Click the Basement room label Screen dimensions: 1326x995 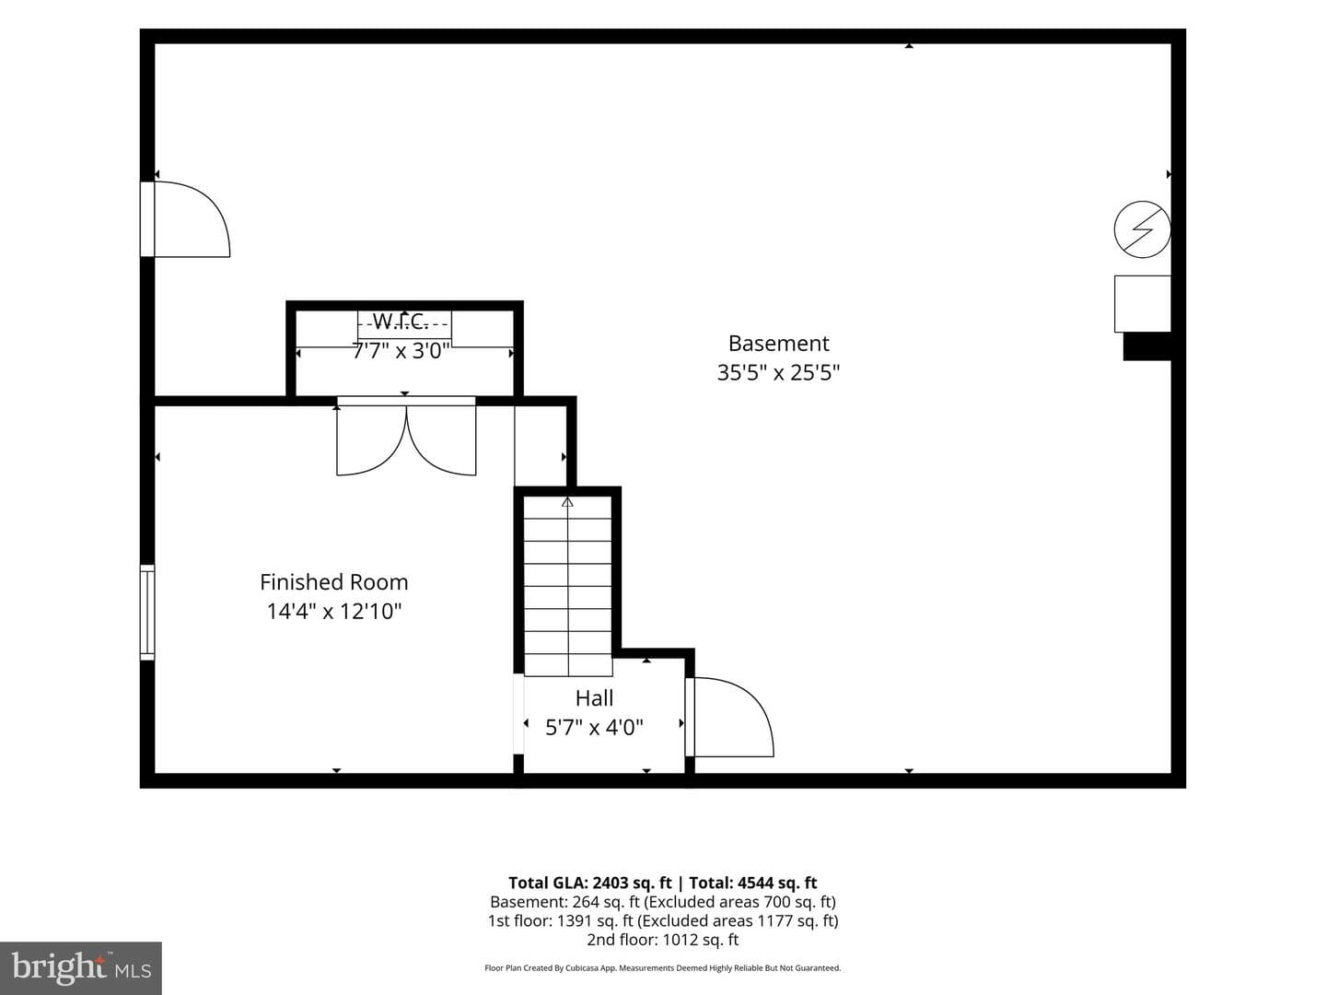(778, 343)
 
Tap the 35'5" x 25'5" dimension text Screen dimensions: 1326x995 (778, 372)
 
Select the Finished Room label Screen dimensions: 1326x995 (334, 581)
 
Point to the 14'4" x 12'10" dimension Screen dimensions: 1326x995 (334, 611)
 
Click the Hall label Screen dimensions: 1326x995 (595, 697)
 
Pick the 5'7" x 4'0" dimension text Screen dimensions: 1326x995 (595, 727)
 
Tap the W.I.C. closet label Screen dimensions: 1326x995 (401, 322)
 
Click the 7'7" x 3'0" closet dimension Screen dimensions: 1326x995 (401, 350)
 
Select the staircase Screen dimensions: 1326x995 (568, 585)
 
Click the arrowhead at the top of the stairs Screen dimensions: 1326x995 (567, 501)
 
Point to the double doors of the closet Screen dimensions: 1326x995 (406, 436)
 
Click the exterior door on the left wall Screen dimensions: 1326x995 (185, 218)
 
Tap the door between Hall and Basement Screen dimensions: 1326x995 (729, 717)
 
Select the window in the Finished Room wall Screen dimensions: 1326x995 (147, 612)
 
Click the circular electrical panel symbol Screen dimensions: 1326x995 (1142, 229)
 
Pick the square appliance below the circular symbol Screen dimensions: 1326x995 (1143, 304)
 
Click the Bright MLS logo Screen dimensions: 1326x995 (81, 967)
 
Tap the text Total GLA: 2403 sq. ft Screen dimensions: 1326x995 (589, 883)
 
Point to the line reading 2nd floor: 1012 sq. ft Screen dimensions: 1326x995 (663, 940)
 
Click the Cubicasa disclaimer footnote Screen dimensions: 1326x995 (663, 967)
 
